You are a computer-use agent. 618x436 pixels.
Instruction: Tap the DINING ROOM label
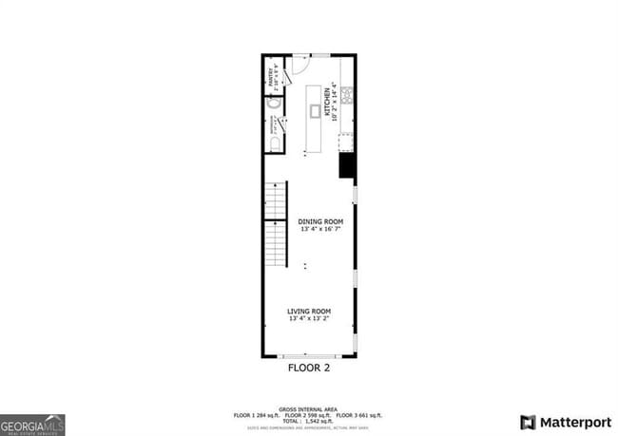click(308, 221)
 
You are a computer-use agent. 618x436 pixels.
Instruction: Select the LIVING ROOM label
click(308, 312)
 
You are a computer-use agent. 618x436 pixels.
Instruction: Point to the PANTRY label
click(272, 76)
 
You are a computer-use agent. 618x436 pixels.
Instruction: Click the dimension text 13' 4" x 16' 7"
click(308, 229)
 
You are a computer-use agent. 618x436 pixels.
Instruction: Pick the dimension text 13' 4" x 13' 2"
click(308, 319)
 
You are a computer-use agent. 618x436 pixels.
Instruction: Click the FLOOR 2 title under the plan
click(308, 366)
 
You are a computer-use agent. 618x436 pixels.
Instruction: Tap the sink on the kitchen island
click(315, 111)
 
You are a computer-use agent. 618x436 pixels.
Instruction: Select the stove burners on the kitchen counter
click(348, 94)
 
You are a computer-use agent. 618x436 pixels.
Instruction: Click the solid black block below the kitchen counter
click(347, 166)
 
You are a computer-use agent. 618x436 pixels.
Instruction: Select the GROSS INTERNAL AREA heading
click(308, 408)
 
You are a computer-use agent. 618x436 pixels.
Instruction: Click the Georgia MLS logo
click(32, 424)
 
